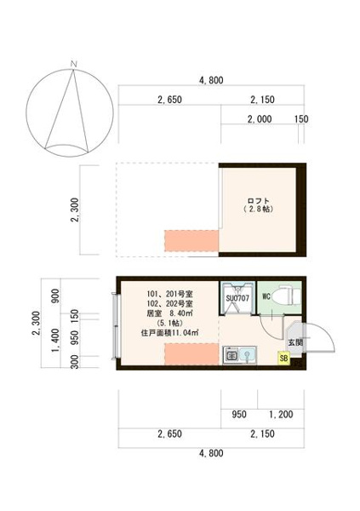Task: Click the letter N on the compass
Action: point(74,64)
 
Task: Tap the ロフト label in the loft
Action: point(259,201)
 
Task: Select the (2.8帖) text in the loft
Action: point(258,210)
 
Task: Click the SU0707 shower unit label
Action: point(237,298)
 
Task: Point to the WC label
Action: point(266,297)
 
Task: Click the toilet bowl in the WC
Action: point(283,296)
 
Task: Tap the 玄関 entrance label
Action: point(295,342)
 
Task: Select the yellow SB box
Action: point(283,359)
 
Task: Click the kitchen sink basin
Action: point(248,354)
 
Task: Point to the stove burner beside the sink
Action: point(232,355)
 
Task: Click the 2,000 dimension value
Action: point(260,119)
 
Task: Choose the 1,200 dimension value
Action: point(281,415)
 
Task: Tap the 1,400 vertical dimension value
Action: point(55,340)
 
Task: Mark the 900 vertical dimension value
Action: point(55,296)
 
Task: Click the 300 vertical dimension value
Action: point(75,362)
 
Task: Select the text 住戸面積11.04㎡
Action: point(169,333)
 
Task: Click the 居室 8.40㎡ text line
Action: point(169,313)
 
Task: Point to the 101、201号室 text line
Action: point(170,295)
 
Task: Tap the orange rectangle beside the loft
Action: point(191,241)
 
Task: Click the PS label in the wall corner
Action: point(298,365)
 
